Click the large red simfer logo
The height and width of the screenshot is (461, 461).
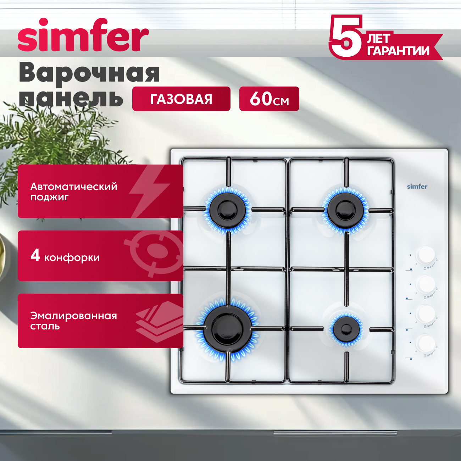83,35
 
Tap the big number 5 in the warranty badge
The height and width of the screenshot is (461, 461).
346,36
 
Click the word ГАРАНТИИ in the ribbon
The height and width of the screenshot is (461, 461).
398,51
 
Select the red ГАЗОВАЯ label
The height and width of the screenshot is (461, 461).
181,99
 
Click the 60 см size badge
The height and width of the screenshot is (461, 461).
269,99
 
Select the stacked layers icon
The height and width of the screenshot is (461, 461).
159,321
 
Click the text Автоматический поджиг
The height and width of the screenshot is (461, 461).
74,191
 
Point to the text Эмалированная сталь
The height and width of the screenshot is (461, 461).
73,321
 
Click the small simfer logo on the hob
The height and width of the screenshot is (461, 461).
417,187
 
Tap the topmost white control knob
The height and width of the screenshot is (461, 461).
426,255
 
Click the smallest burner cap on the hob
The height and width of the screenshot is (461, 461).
346,329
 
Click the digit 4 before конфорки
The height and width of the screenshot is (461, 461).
35,255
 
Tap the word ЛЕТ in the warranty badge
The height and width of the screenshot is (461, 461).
378,39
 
